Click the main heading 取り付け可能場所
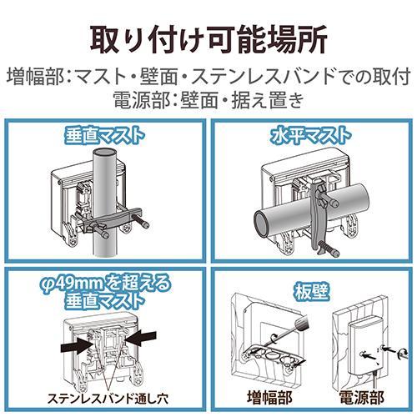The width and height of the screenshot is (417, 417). click(208, 38)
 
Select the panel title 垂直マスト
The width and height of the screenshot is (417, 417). click(103, 134)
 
